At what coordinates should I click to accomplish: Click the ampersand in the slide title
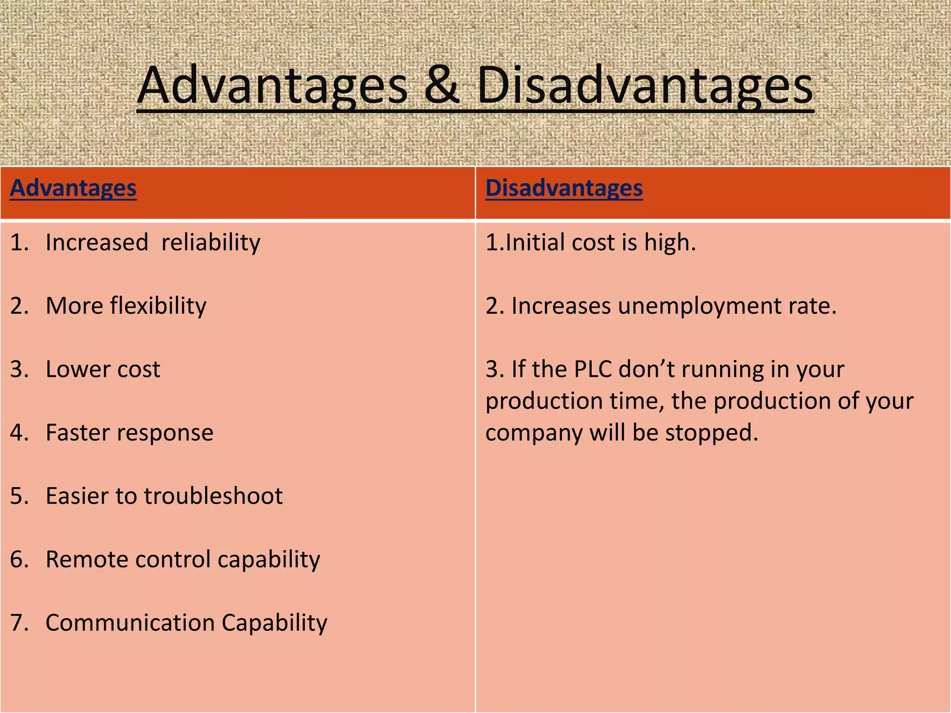441,86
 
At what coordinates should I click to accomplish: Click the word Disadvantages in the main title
645,86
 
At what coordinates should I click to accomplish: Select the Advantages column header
73,188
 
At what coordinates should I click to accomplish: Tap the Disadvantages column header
564,188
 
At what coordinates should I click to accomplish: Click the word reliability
211,243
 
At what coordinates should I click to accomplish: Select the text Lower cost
103,369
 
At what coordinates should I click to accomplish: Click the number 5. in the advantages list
20,496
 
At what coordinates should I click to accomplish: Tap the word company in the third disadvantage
534,433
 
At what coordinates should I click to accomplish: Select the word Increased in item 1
97,243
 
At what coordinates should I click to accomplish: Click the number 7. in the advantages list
20,622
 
